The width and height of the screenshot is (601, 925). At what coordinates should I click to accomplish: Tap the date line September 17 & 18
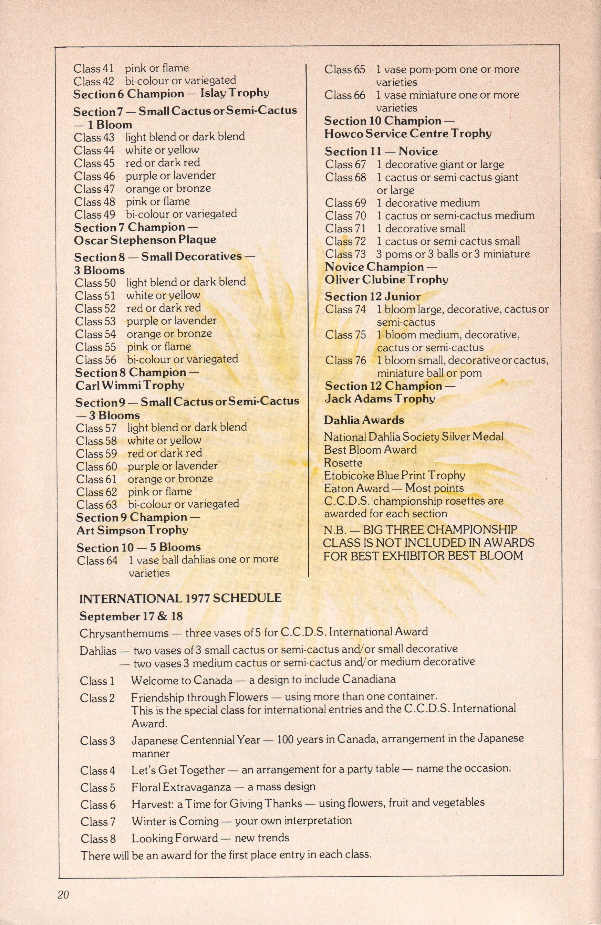point(131,616)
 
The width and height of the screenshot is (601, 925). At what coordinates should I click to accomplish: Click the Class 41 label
point(93,69)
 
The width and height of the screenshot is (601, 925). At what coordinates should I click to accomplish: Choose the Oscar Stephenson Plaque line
point(145,240)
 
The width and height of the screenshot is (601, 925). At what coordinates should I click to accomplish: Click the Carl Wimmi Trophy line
point(129,385)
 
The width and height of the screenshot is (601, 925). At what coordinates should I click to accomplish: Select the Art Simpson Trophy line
point(132,530)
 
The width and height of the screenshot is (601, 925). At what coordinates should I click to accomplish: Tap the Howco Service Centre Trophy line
point(408,134)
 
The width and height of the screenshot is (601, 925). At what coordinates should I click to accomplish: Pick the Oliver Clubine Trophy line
point(386,280)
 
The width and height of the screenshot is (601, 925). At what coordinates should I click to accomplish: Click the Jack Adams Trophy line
point(380,398)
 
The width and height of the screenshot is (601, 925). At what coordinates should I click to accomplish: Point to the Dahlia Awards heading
point(364,420)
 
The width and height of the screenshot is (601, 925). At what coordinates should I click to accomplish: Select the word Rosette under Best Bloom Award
point(343,463)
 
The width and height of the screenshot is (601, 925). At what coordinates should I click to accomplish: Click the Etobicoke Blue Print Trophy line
point(395,475)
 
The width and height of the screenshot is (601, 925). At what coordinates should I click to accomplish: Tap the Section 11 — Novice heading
point(381,151)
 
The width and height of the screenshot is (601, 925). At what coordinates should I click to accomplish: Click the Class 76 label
point(345,360)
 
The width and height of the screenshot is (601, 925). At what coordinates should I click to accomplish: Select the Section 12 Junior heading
point(373,297)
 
